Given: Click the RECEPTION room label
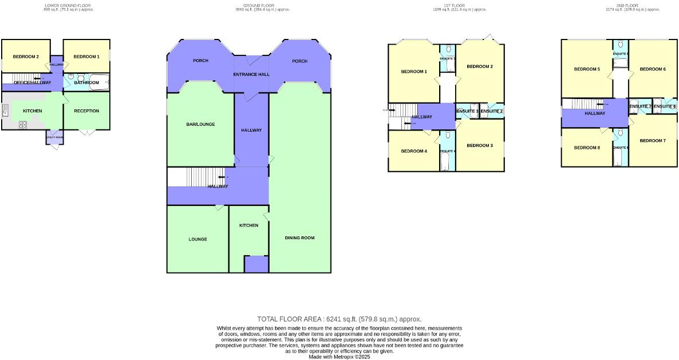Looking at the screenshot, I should (x=86, y=111).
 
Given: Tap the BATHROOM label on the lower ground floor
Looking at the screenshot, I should (x=86, y=83).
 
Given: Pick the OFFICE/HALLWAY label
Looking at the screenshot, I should (x=32, y=83).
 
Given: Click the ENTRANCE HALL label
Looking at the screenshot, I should (x=251, y=75).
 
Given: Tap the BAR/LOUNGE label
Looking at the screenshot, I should (x=200, y=124).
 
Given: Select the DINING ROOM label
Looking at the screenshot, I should (x=299, y=238).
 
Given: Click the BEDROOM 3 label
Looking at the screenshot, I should (x=480, y=145).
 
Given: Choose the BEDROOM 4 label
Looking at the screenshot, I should (x=414, y=151).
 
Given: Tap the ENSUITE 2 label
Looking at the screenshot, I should (x=492, y=111).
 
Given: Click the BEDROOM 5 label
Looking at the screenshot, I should (x=587, y=69).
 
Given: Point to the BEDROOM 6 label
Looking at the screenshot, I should (x=653, y=69).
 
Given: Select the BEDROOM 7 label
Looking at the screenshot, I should (x=653, y=141).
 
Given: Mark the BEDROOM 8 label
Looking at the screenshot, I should (x=587, y=148).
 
